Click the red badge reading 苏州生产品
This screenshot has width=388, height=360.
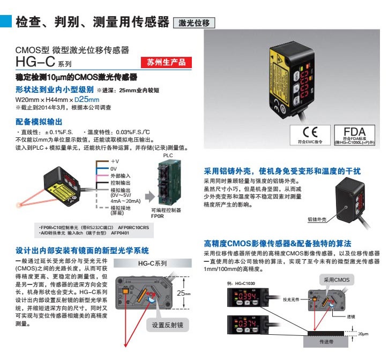coord(166,63)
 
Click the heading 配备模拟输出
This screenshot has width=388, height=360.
coord(39,122)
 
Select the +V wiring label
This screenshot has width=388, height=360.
coord(115,161)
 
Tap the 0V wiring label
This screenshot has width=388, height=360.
coord(114,168)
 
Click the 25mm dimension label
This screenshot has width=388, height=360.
coord(184,293)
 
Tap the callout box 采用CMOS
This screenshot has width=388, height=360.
coord(333,280)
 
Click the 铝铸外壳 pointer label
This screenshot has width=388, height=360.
coord(317,219)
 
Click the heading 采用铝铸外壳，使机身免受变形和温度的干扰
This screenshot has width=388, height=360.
coord(282,172)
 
